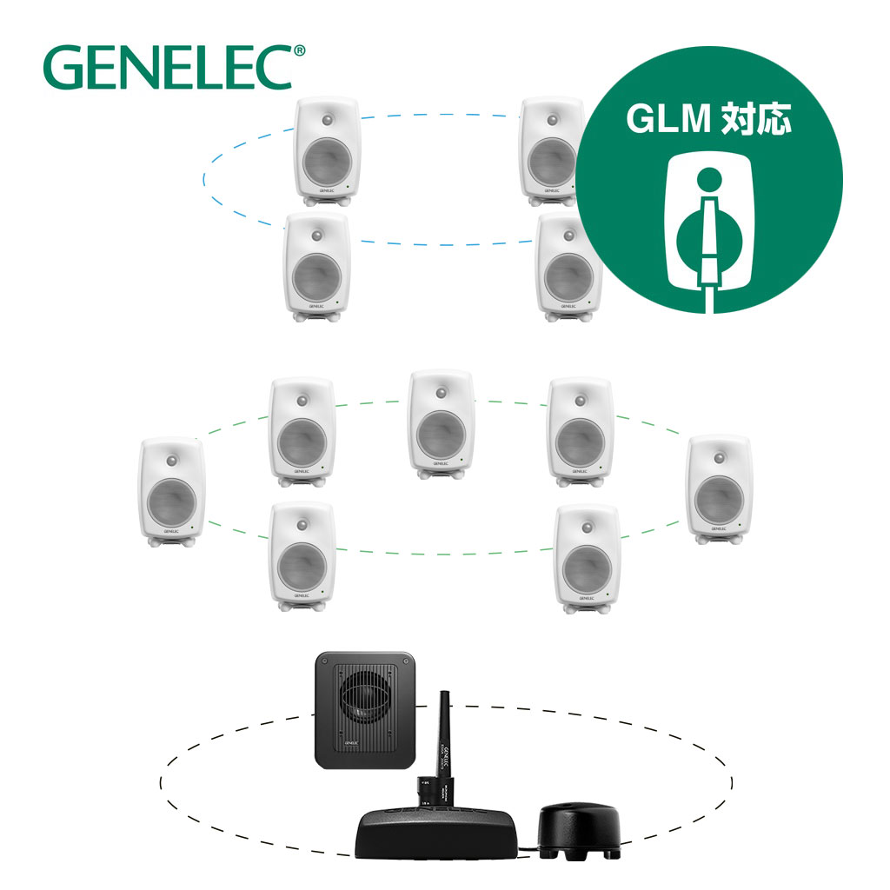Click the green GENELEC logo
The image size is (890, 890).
click(168, 67)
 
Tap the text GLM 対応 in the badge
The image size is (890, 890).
click(710, 120)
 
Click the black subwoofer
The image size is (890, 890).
click(369, 710)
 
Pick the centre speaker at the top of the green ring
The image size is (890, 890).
click(442, 424)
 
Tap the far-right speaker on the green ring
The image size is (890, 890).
click(720, 488)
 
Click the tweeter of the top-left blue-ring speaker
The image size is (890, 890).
click(327, 119)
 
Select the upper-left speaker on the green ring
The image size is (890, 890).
click(302, 430)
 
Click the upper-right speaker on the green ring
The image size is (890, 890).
click(581, 430)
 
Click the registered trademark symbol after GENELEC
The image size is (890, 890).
click(300, 52)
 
